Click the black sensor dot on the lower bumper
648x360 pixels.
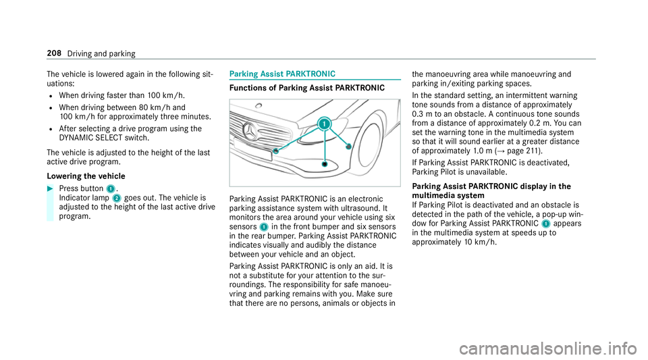click(x=325, y=164)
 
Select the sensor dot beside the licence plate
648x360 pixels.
click(x=276, y=153)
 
